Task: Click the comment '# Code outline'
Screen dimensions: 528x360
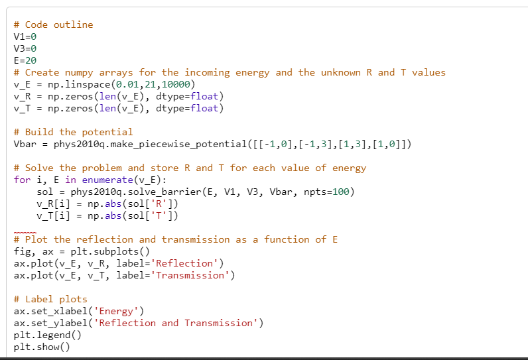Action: pyautogui.click(x=53, y=25)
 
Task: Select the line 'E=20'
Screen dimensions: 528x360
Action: pyautogui.click(x=25, y=60)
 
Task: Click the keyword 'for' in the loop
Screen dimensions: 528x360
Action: pyautogui.click(x=22, y=180)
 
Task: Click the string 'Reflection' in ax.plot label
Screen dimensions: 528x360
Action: pyautogui.click(x=183, y=263)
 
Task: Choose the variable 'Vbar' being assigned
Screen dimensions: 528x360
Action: pyautogui.click(x=25, y=144)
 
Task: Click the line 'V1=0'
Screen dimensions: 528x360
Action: pyautogui.click(x=25, y=36)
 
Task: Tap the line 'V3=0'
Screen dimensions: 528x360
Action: pyautogui.click(x=25, y=48)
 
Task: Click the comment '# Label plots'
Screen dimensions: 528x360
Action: pyautogui.click(x=50, y=299)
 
